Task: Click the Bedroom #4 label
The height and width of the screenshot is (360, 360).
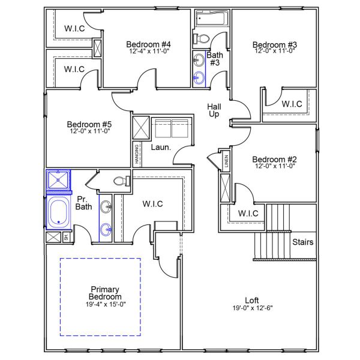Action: click(149, 44)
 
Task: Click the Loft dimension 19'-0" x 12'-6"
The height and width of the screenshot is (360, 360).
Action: click(251, 308)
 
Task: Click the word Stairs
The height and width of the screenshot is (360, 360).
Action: click(302, 242)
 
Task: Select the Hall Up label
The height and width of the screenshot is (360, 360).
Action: click(214, 110)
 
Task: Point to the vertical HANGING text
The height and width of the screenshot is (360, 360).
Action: click(137, 155)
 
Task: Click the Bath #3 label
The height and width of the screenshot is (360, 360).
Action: click(215, 59)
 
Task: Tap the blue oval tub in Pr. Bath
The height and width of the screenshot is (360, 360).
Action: click(59, 212)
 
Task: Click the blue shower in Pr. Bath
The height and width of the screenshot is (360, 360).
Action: click(58, 179)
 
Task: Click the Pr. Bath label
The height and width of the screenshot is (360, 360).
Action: click(83, 203)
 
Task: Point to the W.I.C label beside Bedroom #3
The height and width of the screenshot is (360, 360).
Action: click(292, 104)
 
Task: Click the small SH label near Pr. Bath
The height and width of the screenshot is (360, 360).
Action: click(65, 238)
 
